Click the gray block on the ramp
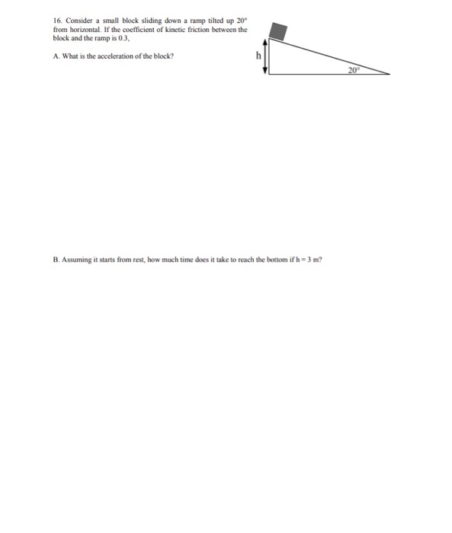pos(279,31)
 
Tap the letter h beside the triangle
pos(258,56)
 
